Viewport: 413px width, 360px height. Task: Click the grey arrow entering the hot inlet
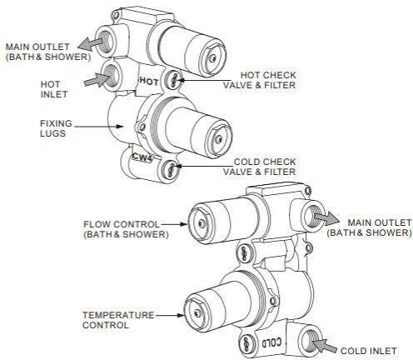pos(97,80)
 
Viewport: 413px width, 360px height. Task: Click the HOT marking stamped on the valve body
pos(149,82)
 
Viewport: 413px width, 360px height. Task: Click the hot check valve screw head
pos(174,80)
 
